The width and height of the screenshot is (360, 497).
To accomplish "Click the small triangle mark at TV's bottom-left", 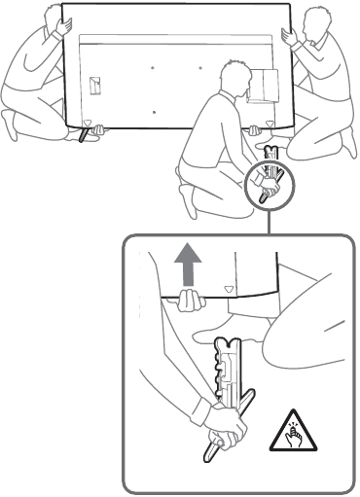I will (88, 124).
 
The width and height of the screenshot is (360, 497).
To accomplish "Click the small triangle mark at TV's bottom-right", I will (270, 125).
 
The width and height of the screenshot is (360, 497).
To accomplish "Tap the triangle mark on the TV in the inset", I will (229, 289).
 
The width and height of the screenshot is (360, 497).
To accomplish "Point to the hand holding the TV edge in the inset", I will (187, 304).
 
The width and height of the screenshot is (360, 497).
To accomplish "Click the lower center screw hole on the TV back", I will (155, 112).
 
